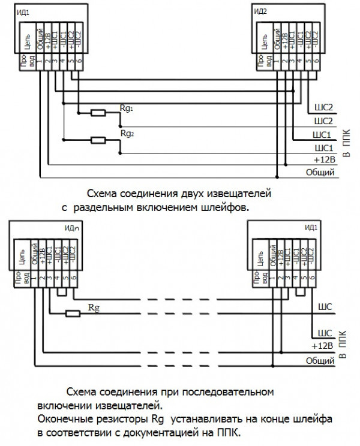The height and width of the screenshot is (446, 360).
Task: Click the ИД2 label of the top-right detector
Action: click(260, 11)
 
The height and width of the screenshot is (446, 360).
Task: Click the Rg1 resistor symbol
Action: click(97, 112)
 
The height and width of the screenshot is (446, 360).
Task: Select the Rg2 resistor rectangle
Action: click(97, 141)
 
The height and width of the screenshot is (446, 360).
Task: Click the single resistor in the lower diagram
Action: click(72, 312)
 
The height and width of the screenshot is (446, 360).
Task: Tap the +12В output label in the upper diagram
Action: click(324, 160)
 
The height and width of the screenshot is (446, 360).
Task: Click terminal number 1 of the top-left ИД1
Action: click(40, 61)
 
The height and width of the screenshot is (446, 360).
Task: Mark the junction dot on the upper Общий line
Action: click(277, 177)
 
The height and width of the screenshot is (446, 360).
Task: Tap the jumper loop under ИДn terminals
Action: click(62, 293)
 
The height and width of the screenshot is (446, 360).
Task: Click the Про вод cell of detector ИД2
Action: click(260, 61)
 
